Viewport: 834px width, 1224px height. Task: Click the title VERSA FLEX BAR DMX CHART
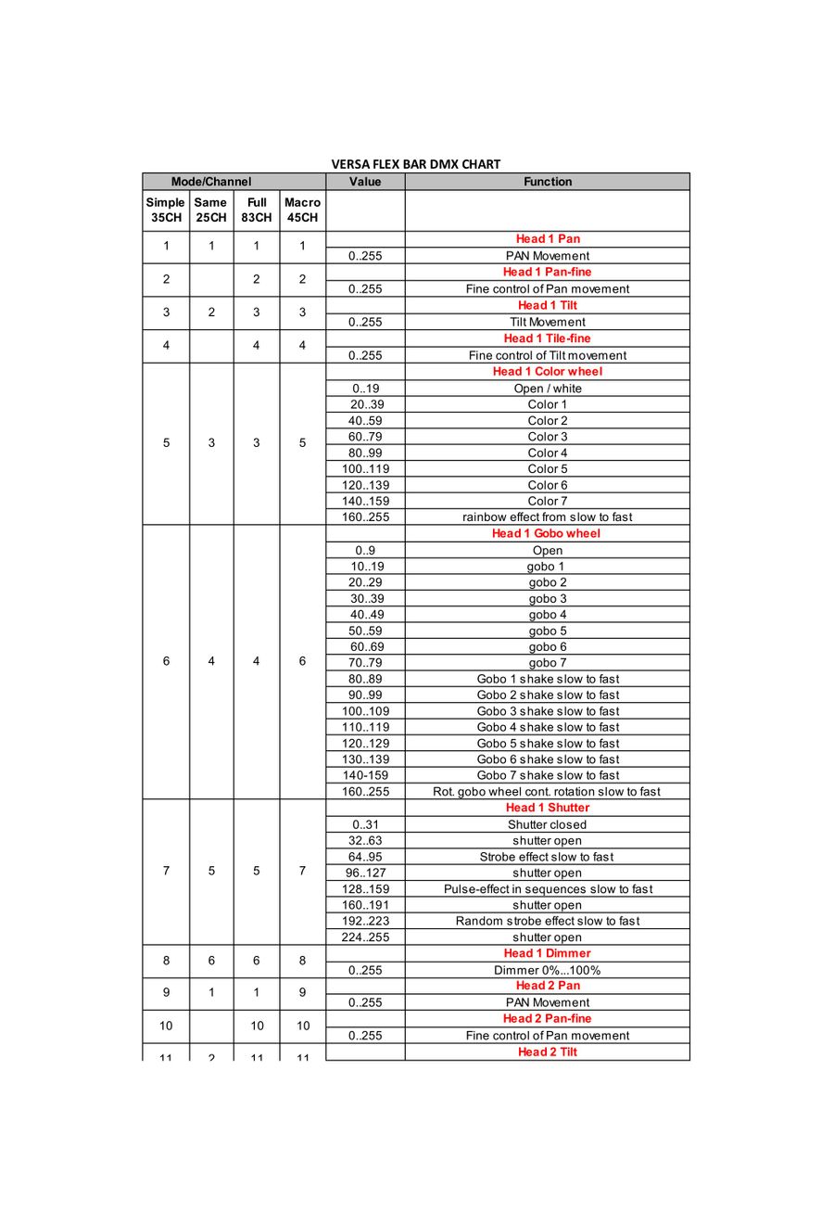tap(416, 164)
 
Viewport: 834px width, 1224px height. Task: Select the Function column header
tap(548, 182)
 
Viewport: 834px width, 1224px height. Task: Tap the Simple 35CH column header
tap(166, 210)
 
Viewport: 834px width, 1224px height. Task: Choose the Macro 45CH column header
tap(302, 210)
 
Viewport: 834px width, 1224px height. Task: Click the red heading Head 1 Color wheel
tap(548, 371)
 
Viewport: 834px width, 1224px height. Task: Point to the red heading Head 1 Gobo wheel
tap(547, 533)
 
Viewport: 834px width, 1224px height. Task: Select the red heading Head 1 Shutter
tap(548, 808)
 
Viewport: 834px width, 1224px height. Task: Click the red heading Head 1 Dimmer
tap(548, 953)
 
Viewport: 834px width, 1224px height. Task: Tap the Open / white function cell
tap(548, 389)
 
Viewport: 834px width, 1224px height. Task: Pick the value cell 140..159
tap(365, 501)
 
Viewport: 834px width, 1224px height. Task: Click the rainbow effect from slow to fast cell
tap(548, 517)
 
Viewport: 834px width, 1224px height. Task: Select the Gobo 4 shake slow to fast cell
tap(548, 727)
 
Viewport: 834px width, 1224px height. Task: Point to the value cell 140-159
tap(365, 775)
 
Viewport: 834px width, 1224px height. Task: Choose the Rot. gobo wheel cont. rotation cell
tap(547, 792)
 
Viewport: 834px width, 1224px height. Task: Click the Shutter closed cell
tap(548, 824)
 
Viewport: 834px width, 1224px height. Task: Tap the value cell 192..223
tap(365, 921)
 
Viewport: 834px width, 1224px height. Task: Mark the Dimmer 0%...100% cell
tap(548, 970)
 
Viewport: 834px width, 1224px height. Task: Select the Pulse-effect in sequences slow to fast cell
tap(548, 888)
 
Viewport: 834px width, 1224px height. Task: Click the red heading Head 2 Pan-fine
tap(548, 1018)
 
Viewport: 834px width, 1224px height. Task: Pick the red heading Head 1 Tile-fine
tap(548, 338)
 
